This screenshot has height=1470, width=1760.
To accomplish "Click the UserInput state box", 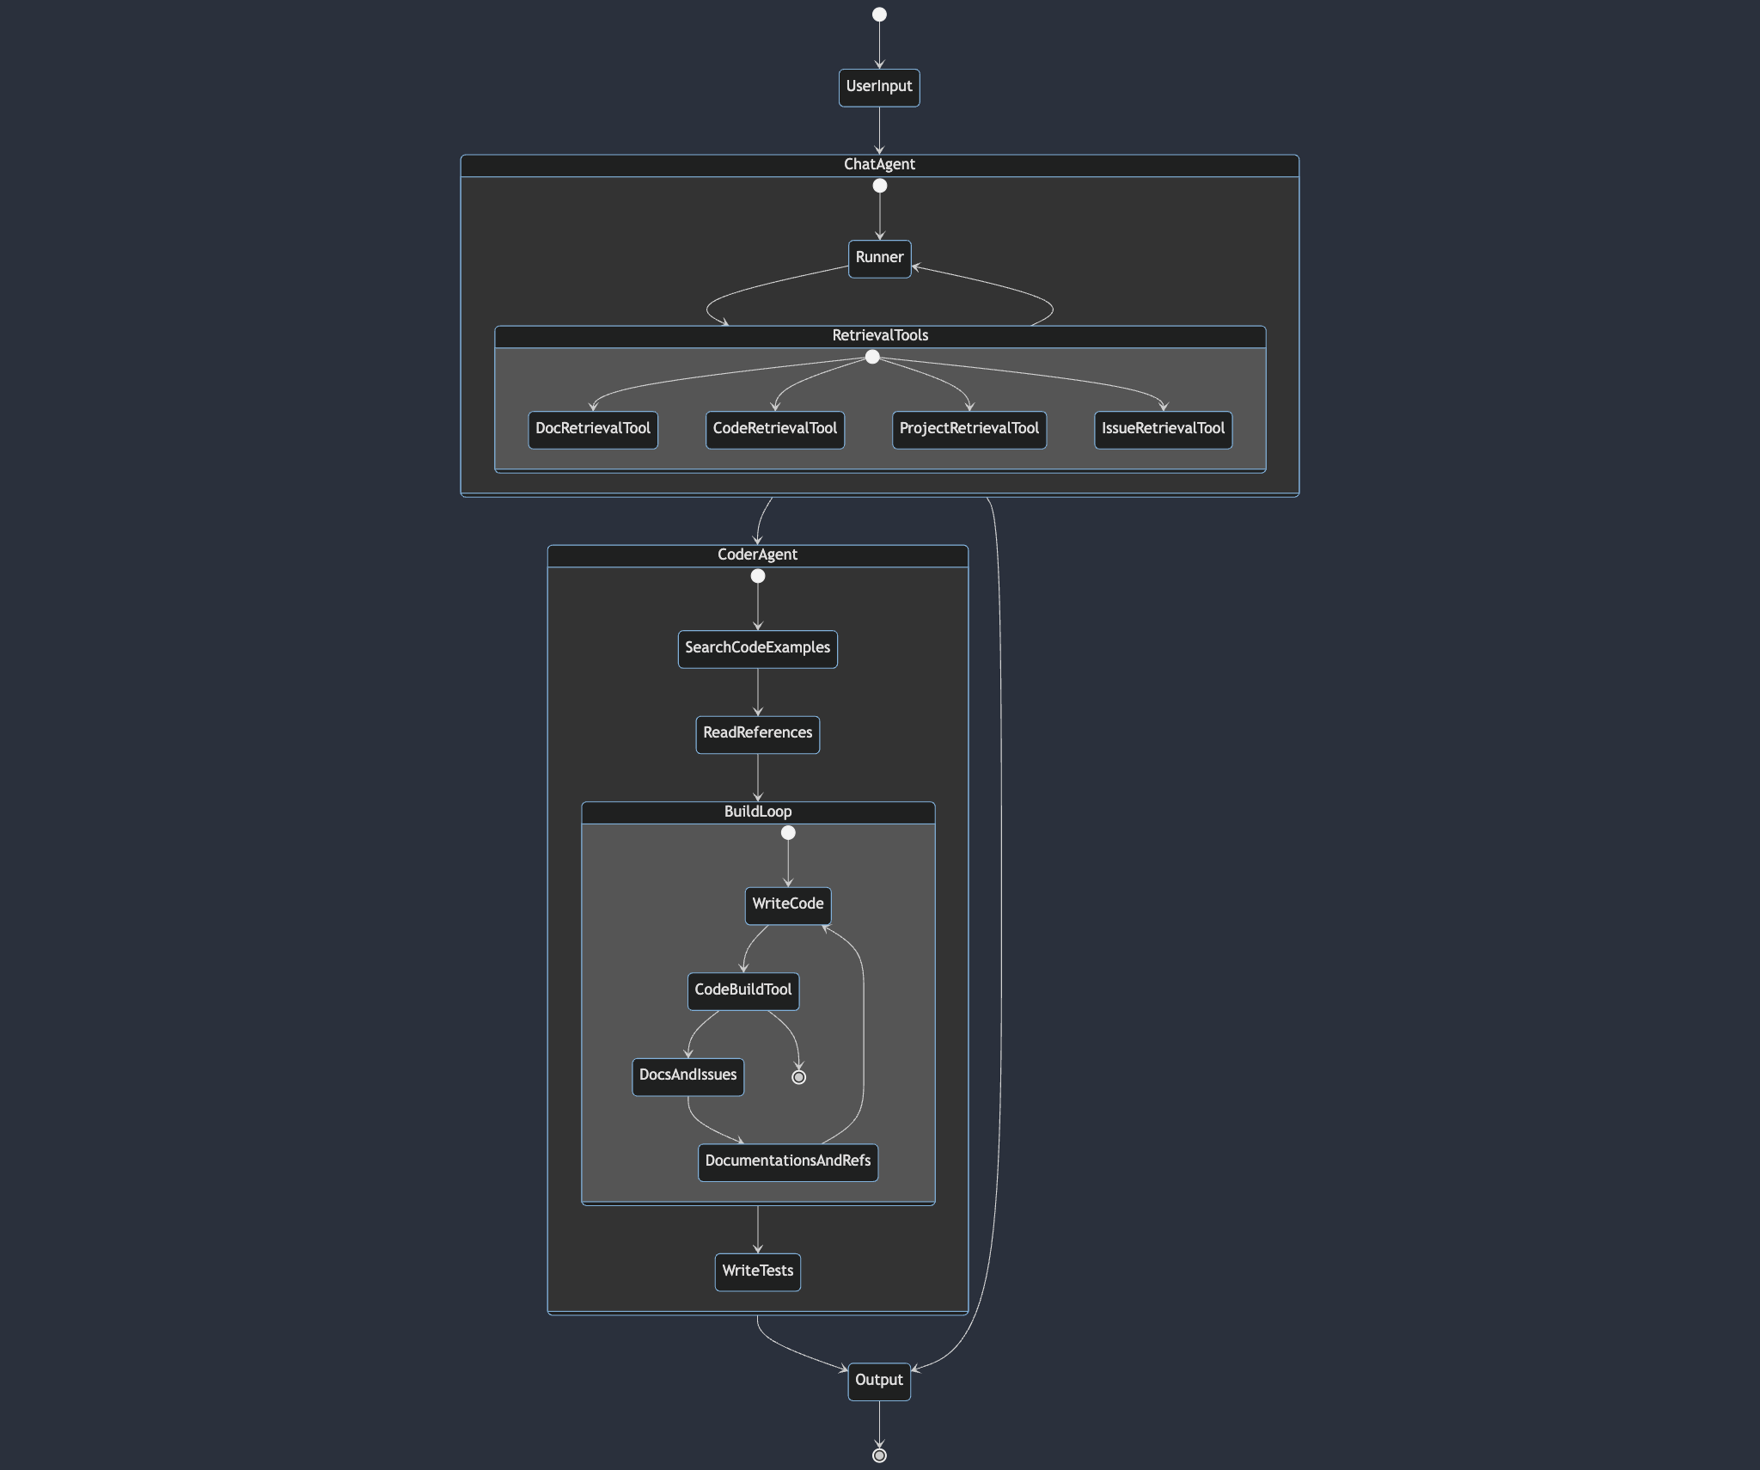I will point(879,88).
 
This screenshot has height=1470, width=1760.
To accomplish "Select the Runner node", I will point(879,259).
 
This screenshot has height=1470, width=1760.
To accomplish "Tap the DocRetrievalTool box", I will point(593,430).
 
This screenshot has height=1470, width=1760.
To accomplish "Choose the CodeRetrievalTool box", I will point(774,430).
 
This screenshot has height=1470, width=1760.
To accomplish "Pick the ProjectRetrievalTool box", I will point(969,430).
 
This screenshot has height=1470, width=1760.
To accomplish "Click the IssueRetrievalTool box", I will point(1163,430).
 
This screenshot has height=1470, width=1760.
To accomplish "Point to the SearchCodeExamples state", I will point(757,649).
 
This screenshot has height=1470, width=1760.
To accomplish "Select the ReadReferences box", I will point(757,734).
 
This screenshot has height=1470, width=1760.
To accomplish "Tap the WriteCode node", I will point(787,905).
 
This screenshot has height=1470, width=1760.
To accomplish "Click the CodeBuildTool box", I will point(742,991).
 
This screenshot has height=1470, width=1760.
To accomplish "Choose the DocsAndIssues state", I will point(687,1076).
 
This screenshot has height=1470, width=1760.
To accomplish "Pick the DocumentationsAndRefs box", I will point(787,1162).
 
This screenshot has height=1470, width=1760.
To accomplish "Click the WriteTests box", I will point(757,1272).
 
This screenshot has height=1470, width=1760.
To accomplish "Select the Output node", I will point(879,1381).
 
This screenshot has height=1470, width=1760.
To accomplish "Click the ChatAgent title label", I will point(879,165).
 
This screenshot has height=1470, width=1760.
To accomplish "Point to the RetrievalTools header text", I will point(880,336).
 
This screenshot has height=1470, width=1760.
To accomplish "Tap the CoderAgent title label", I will point(757,555).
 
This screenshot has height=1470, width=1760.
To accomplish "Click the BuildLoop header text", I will point(757,812).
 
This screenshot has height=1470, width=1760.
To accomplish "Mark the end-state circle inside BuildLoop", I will point(798,1077).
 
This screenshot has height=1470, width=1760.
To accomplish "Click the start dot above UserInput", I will point(879,15).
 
